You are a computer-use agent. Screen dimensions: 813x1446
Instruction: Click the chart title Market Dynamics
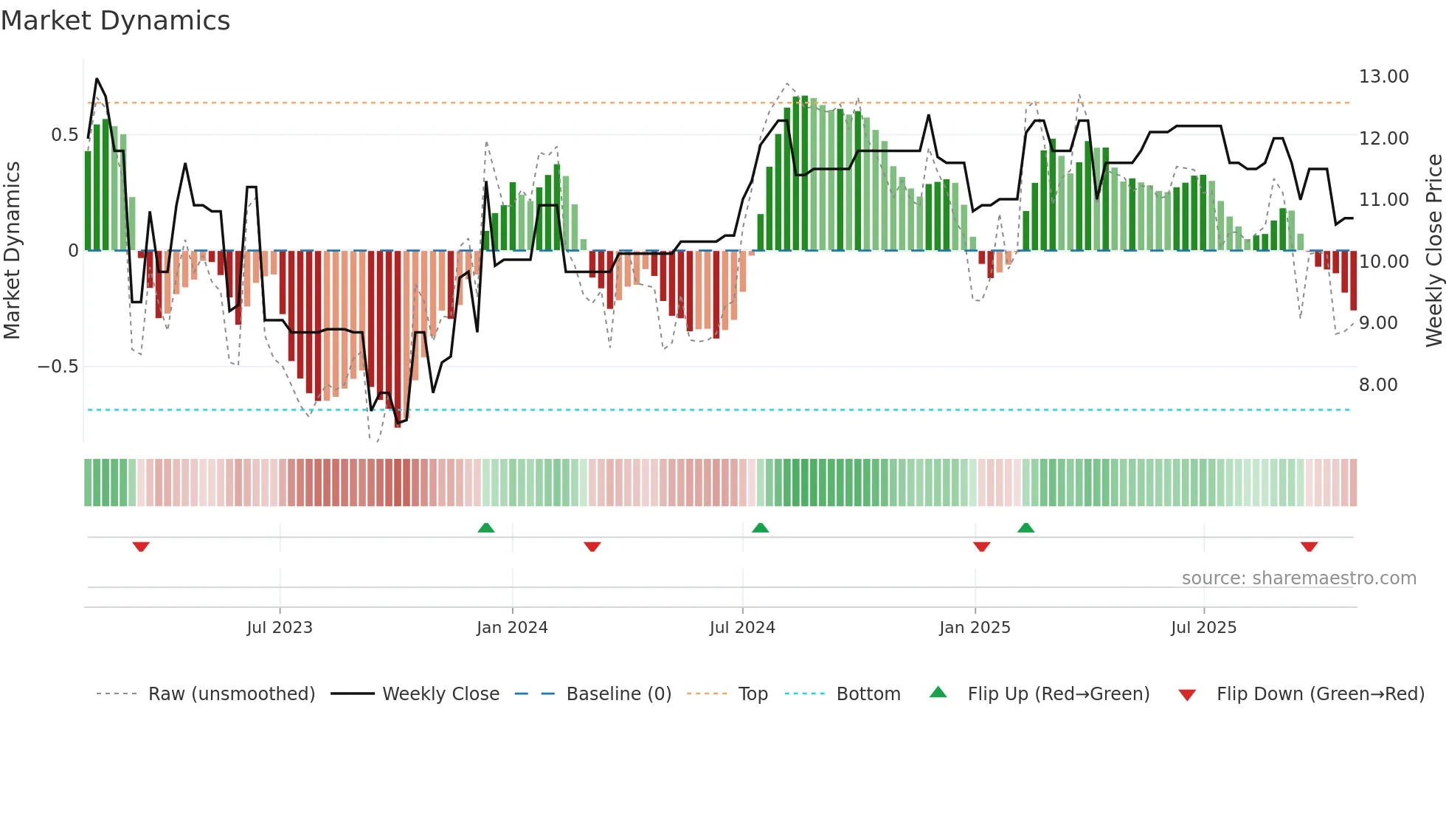(x=116, y=21)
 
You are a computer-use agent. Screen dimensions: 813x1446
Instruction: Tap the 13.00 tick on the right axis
(x=1383, y=77)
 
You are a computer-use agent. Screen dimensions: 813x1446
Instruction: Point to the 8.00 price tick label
(x=1378, y=384)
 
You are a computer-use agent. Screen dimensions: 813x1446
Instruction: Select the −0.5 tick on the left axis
(x=58, y=367)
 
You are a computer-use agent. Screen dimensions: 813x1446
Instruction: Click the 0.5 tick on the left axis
(x=64, y=135)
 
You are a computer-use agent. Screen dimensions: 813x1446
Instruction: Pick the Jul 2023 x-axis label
(x=280, y=628)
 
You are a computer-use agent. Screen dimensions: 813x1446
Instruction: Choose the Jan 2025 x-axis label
(x=975, y=628)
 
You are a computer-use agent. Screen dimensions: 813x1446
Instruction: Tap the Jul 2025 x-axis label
(x=1203, y=628)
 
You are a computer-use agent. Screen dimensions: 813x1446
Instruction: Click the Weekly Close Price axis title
(x=1433, y=250)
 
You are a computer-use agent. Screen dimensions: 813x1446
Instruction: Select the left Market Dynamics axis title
(x=12, y=250)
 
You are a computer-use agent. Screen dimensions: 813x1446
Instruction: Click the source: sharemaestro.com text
(x=1298, y=578)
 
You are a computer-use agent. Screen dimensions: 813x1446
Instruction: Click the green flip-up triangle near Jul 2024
(x=760, y=527)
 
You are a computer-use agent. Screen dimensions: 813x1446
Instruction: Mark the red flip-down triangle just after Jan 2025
(x=981, y=547)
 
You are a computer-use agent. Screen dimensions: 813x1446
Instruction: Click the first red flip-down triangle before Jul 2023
(x=141, y=547)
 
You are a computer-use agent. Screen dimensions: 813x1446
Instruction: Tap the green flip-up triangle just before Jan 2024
(x=485, y=527)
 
